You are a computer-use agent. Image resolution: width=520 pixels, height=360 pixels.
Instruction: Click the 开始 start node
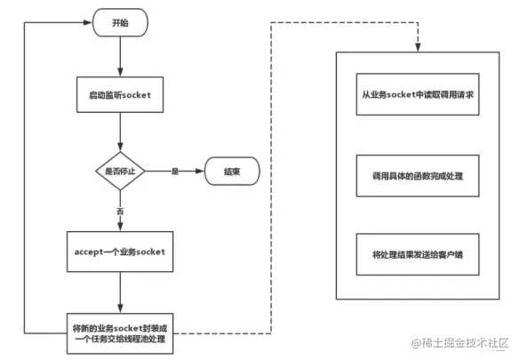[119, 23]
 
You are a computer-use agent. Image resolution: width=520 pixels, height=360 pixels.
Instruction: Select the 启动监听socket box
[119, 95]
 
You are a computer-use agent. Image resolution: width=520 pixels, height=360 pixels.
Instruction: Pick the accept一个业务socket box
[119, 252]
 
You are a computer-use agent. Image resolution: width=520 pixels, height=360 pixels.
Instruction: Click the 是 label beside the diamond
[175, 169]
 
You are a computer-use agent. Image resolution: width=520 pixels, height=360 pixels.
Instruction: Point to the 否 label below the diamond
[119, 212]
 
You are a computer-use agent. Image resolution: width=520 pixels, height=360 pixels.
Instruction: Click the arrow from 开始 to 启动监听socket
[119, 55]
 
